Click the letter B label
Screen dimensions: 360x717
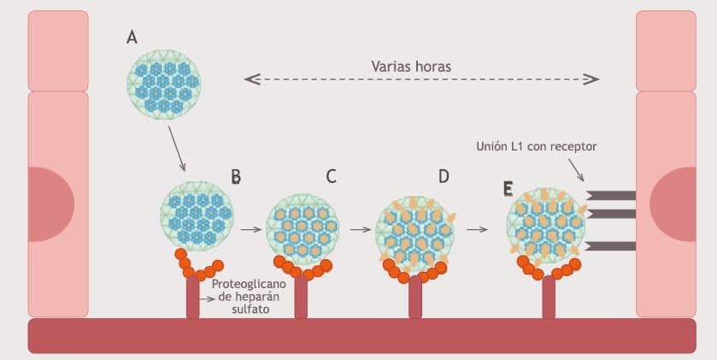pyautogui.click(x=236, y=177)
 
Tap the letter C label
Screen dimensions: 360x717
pyautogui.click(x=331, y=177)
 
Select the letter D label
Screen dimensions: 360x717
pyautogui.click(x=444, y=177)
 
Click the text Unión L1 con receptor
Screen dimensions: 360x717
pyautogui.click(x=536, y=146)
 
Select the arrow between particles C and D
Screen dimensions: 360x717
pyautogui.click(x=361, y=230)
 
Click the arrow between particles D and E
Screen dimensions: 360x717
pyautogui.click(x=477, y=230)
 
